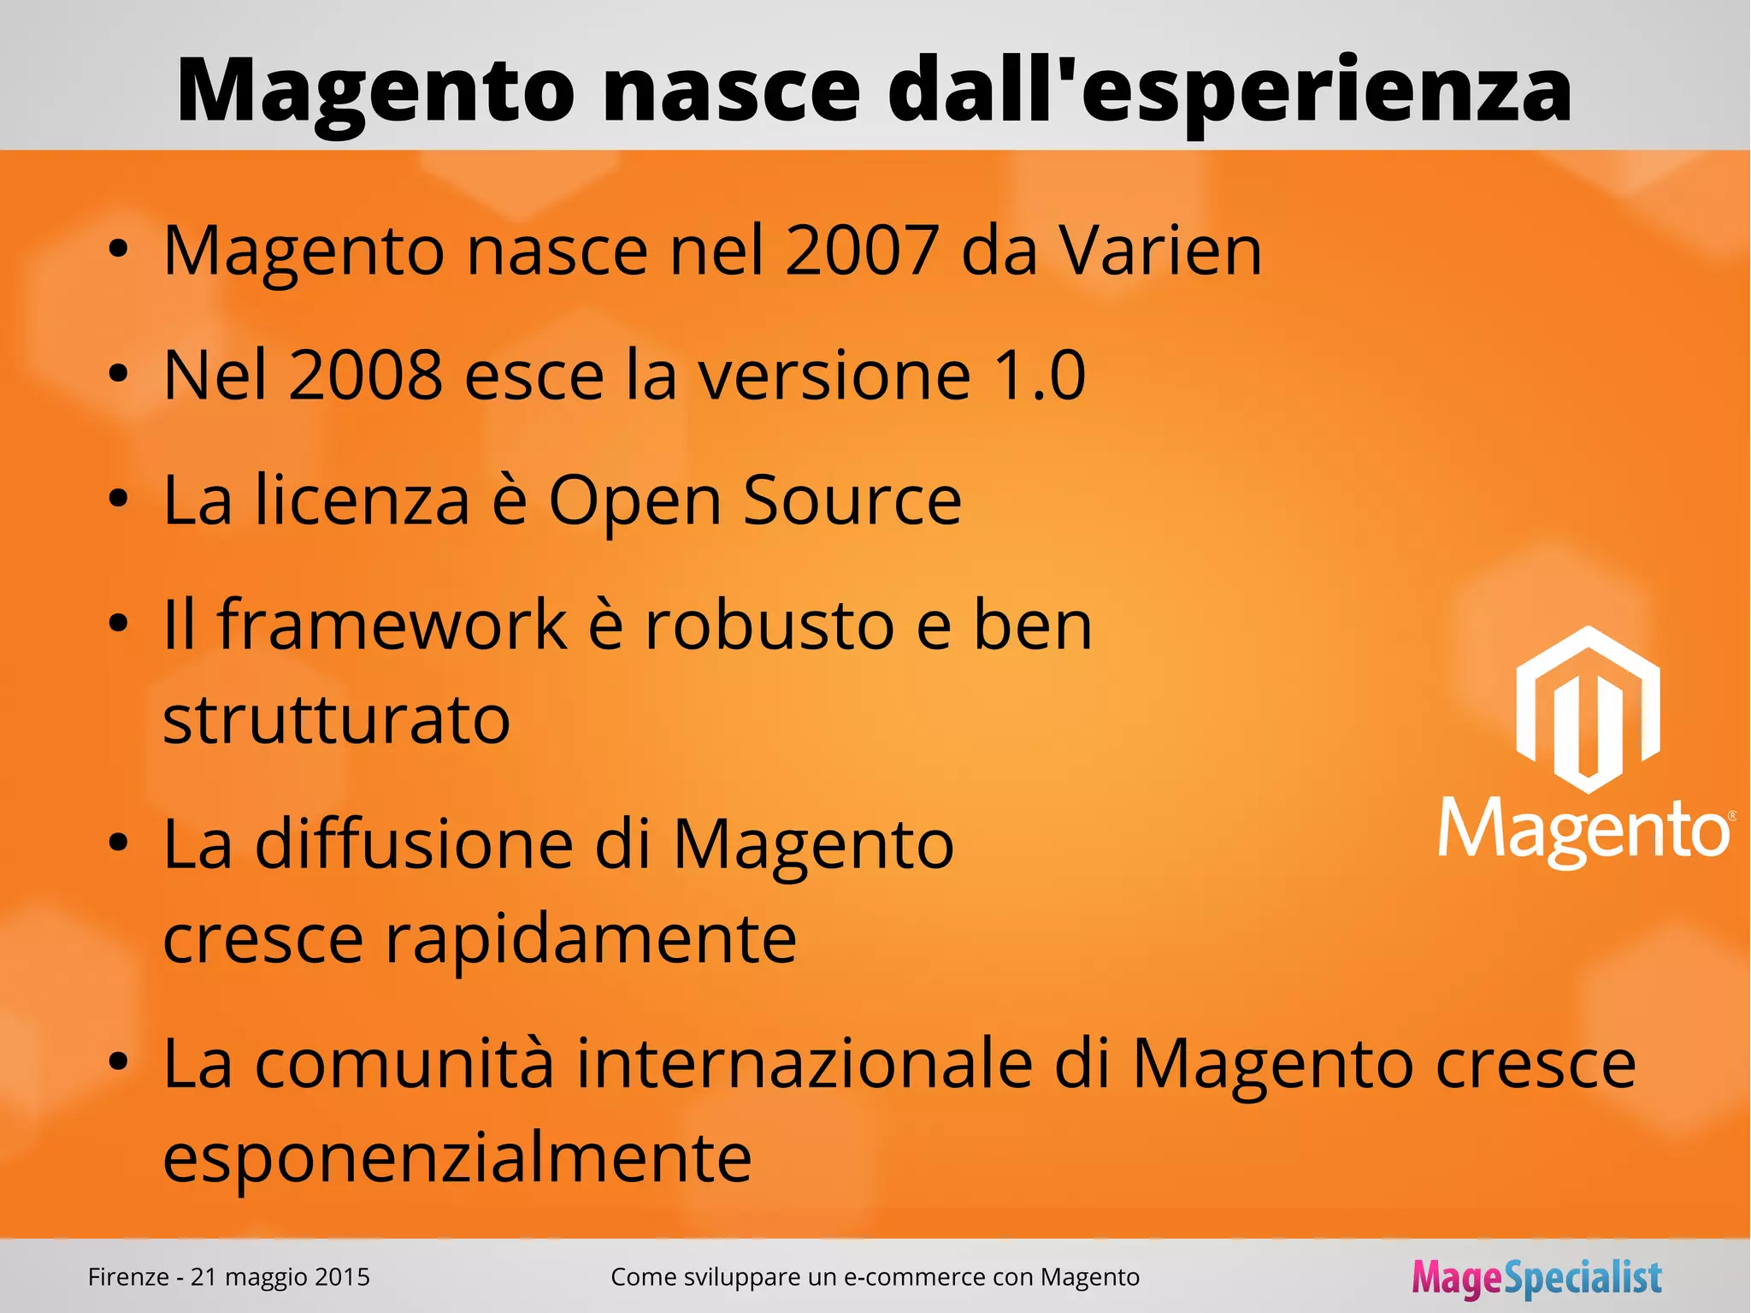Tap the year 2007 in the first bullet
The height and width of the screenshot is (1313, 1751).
pyautogui.click(x=862, y=251)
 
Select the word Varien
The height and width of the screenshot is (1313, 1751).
pyautogui.click(x=1160, y=251)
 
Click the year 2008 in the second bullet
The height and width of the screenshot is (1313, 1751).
pyautogui.click(x=365, y=376)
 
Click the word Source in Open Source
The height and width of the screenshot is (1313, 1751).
pyautogui.click(x=852, y=500)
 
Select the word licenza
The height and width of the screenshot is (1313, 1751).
pyautogui.click(x=363, y=500)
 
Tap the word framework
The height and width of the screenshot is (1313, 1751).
pyautogui.click(x=392, y=625)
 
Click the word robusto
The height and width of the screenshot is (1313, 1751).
pyautogui.click(x=769, y=625)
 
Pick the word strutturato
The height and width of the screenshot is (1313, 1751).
pyautogui.click(x=336, y=720)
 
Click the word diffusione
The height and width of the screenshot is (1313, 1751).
pyautogui.click(x=414, y=845)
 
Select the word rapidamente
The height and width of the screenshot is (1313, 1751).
pyautogui.click(x=591, y=939)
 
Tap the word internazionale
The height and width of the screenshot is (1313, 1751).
pyautogui.click(x=805, y=1064)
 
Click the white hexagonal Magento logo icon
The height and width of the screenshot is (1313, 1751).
pyautogui.click(x=1587, y=710)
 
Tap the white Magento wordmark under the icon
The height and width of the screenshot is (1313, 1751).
pyautogui.click(x=1585, y=830)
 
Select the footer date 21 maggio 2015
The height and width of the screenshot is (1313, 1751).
pyautogui.click(x=280, y=1277)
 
